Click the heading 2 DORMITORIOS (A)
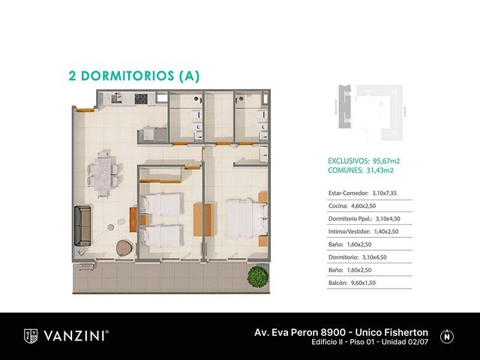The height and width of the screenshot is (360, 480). (x=134, y=76)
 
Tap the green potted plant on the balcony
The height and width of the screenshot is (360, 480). (x=258, y=277)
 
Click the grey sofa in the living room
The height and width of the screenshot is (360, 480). (x=82, y=226)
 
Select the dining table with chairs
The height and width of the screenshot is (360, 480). (x=103, y=174)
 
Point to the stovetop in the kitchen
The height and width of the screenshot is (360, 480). (x=141, y=98)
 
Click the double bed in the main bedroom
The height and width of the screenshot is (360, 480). (x=247, y=218)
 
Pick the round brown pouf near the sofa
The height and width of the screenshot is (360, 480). (x=124, y=247)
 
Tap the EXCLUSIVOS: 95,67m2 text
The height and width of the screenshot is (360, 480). (x=364, y=161)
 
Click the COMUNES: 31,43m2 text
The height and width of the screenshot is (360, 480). (x=361, y=170)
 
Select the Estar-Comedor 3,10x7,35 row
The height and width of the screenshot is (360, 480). (x=362, y=193)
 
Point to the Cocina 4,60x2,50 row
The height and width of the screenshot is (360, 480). (x=352, y=206)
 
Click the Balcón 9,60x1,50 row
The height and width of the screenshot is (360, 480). (x=352, y=283)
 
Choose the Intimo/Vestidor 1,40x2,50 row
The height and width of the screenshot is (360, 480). (x=363, y=232)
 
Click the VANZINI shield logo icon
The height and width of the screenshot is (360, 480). (x=31, y=336)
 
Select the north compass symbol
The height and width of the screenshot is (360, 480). (x=447, y=337)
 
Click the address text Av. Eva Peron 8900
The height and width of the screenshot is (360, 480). (x=300, y=332)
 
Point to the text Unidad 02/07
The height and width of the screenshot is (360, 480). (x=405, y=342)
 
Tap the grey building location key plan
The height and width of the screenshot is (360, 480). (x=370, y=112)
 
